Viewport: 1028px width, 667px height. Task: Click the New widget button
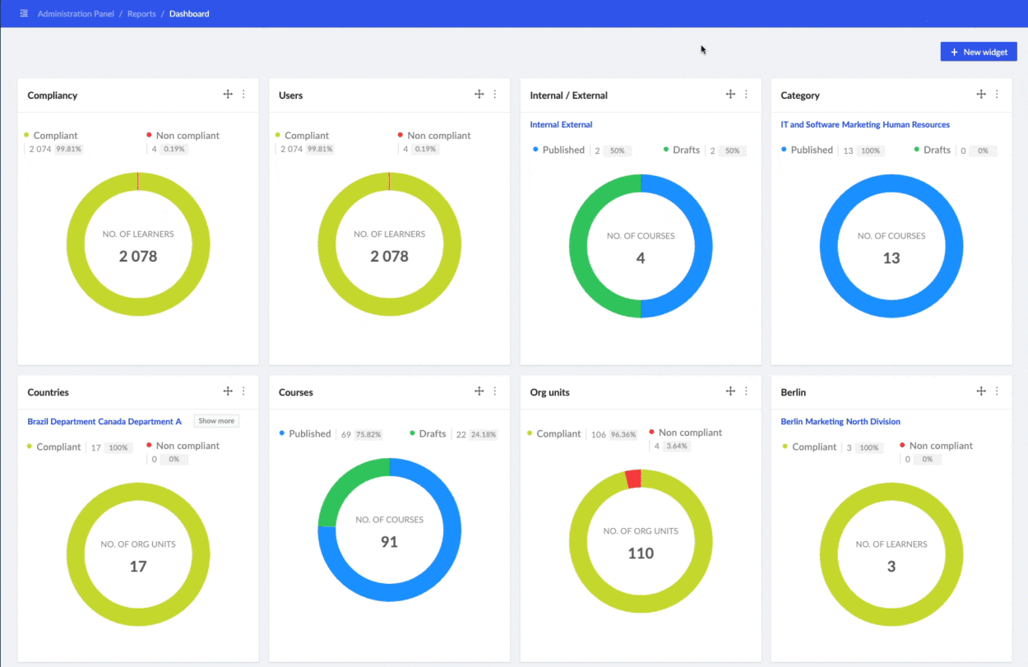tap(979, 52)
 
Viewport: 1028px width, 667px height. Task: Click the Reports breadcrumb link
tap(141, 14)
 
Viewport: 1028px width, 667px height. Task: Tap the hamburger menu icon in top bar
tap(24, 14)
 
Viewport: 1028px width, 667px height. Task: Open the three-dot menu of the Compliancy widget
tap(243, 95)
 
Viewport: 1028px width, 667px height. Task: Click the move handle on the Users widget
tap(479, 95)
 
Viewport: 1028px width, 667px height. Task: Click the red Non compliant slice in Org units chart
tap(632, 479)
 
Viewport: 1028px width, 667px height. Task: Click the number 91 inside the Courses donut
tap(389, 542)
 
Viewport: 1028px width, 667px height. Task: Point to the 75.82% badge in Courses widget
tap(368, 434)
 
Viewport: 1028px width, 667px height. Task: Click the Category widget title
tap(800, 95)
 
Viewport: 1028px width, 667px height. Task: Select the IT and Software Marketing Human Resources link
tap(865, 125)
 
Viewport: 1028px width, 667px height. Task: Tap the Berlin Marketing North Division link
tap(840, 422)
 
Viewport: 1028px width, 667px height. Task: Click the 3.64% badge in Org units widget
tap(677, 447)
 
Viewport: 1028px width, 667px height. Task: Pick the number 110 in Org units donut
tap(641, 554)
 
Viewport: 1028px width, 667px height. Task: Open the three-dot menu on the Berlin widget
tap(997, 391)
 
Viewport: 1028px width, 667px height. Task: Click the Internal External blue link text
tap(561, 125)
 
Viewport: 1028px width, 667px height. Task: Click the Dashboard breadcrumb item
tap(189, 14)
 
